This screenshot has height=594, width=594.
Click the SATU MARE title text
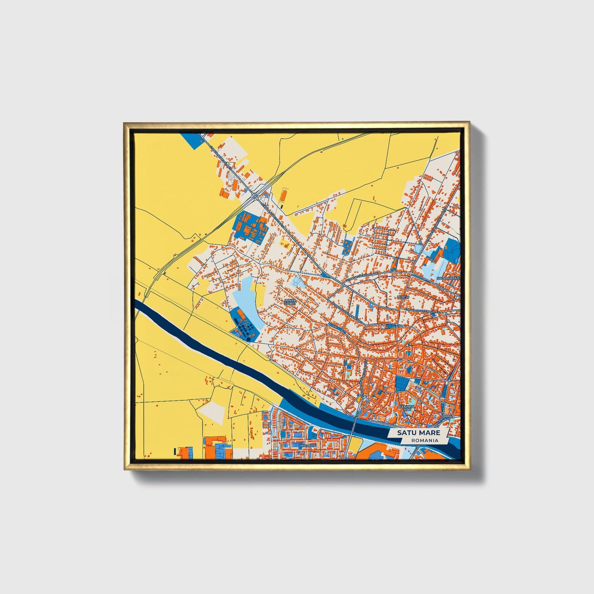pos(418,433)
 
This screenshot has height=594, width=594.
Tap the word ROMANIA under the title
pos(424,440)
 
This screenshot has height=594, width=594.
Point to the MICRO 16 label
pos(307,446)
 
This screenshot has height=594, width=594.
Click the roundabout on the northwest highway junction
pos(256,196)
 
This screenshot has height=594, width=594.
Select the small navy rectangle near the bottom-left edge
pos(175,451)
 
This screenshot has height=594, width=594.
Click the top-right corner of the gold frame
pos(468,122)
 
